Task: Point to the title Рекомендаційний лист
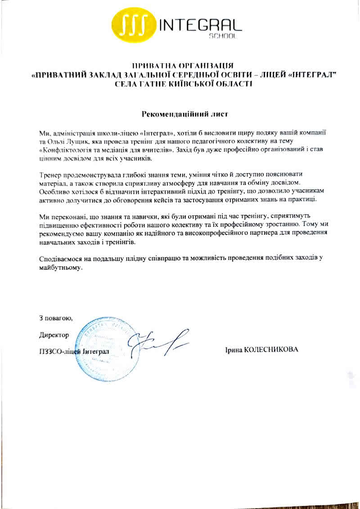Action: point(185,114)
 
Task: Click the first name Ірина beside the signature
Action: point(233,350)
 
